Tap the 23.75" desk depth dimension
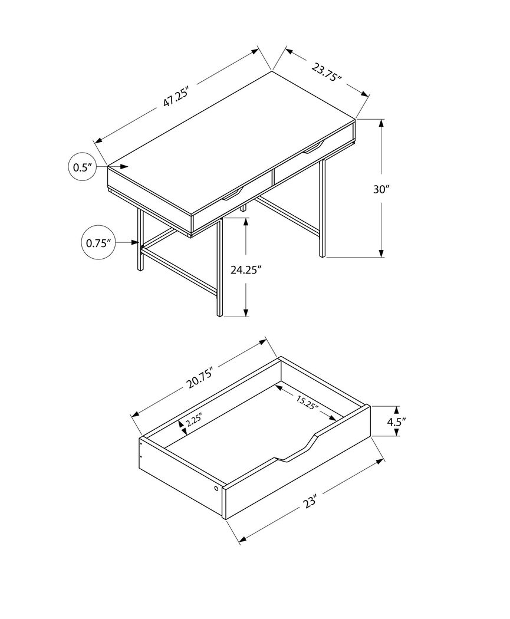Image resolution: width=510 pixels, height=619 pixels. pos(327,73)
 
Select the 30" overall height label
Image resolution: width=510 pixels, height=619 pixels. pos(381,189)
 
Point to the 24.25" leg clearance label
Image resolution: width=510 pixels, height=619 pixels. pos(246,270)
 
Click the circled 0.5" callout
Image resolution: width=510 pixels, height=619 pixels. pos(82,167)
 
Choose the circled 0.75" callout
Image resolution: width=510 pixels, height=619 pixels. pos(98,242)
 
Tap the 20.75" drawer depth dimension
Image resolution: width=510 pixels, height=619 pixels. pos(199,377)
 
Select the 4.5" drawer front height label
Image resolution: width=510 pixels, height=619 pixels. pos(397,421)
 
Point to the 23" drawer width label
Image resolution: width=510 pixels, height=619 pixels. pos(311,502)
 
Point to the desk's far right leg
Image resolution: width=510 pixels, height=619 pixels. pos(322,206)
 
